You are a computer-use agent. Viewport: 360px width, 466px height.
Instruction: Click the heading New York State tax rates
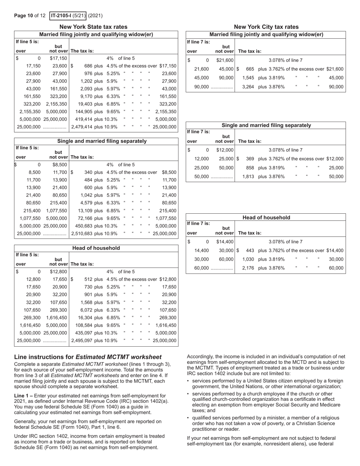93,27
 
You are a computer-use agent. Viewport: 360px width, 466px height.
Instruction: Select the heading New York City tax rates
266,27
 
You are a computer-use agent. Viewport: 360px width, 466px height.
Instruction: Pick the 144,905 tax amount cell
84,112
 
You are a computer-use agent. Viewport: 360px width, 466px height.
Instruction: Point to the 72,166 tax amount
86,218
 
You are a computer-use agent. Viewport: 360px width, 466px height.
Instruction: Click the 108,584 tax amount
84,325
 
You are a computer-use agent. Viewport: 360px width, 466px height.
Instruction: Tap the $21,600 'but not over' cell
225,60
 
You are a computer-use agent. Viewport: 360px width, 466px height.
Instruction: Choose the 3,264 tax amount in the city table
248,87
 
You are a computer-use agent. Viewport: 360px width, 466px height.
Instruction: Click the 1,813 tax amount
248,177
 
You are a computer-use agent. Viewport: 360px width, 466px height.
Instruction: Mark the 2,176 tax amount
248,268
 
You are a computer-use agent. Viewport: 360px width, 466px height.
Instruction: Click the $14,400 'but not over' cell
225,241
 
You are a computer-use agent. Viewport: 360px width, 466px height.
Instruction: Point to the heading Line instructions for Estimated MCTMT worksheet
88,357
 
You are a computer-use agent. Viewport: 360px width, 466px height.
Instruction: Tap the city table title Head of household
266,217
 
